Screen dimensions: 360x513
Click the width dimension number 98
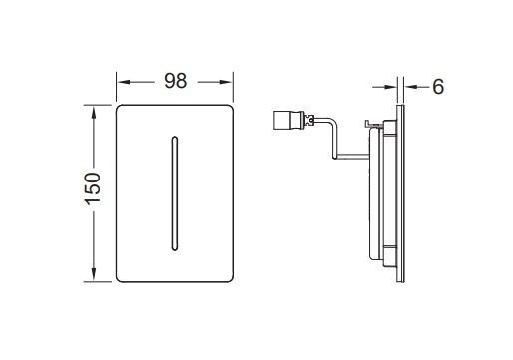pos(176,81)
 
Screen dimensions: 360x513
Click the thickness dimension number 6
pos(437,86)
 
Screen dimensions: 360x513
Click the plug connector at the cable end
pos(287,121)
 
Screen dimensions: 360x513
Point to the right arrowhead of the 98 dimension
pos(229,81)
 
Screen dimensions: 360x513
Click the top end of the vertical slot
pos(176,135)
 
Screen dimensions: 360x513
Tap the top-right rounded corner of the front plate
pos(230,107)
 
